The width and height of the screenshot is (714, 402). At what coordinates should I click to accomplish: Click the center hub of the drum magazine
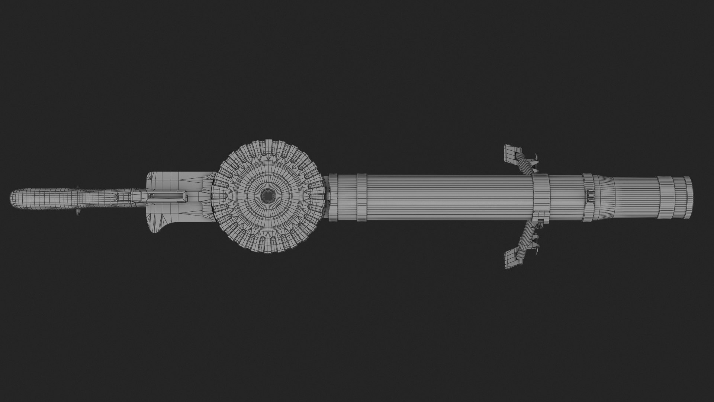click(267, 194)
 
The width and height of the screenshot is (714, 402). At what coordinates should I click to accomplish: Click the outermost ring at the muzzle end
click(688, 198)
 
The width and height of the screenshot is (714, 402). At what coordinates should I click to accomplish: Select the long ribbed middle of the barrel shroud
click(446, 197)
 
